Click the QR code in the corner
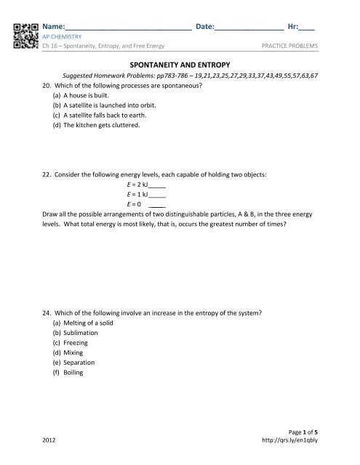[x=26, y=36]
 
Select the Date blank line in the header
[x=250, y=29]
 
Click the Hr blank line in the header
[x=307, y=29]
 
